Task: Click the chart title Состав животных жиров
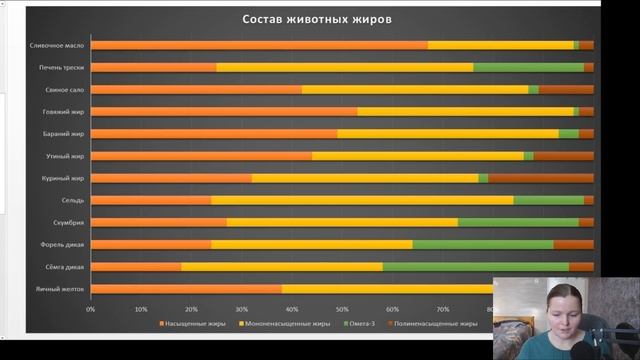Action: pos(316,19)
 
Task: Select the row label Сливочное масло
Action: pos(56,45)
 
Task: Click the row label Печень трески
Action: pos(60,67)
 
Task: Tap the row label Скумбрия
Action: pos(69,222)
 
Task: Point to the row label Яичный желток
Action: pos(63,289)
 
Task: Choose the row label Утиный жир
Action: pos(66,156)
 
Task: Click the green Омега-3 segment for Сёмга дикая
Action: pos(475,267)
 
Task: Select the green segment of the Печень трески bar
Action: pos(528,67)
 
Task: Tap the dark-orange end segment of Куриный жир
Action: pos(540,178)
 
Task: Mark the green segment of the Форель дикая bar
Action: pos(482,244)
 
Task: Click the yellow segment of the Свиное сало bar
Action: pos(415,89)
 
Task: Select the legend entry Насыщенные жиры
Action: pos(195,324)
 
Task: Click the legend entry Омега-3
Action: pos(360,324)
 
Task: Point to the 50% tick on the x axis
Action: pos(342,309)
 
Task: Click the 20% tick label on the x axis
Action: pos(191,309)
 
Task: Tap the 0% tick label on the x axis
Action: pos(91,309)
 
